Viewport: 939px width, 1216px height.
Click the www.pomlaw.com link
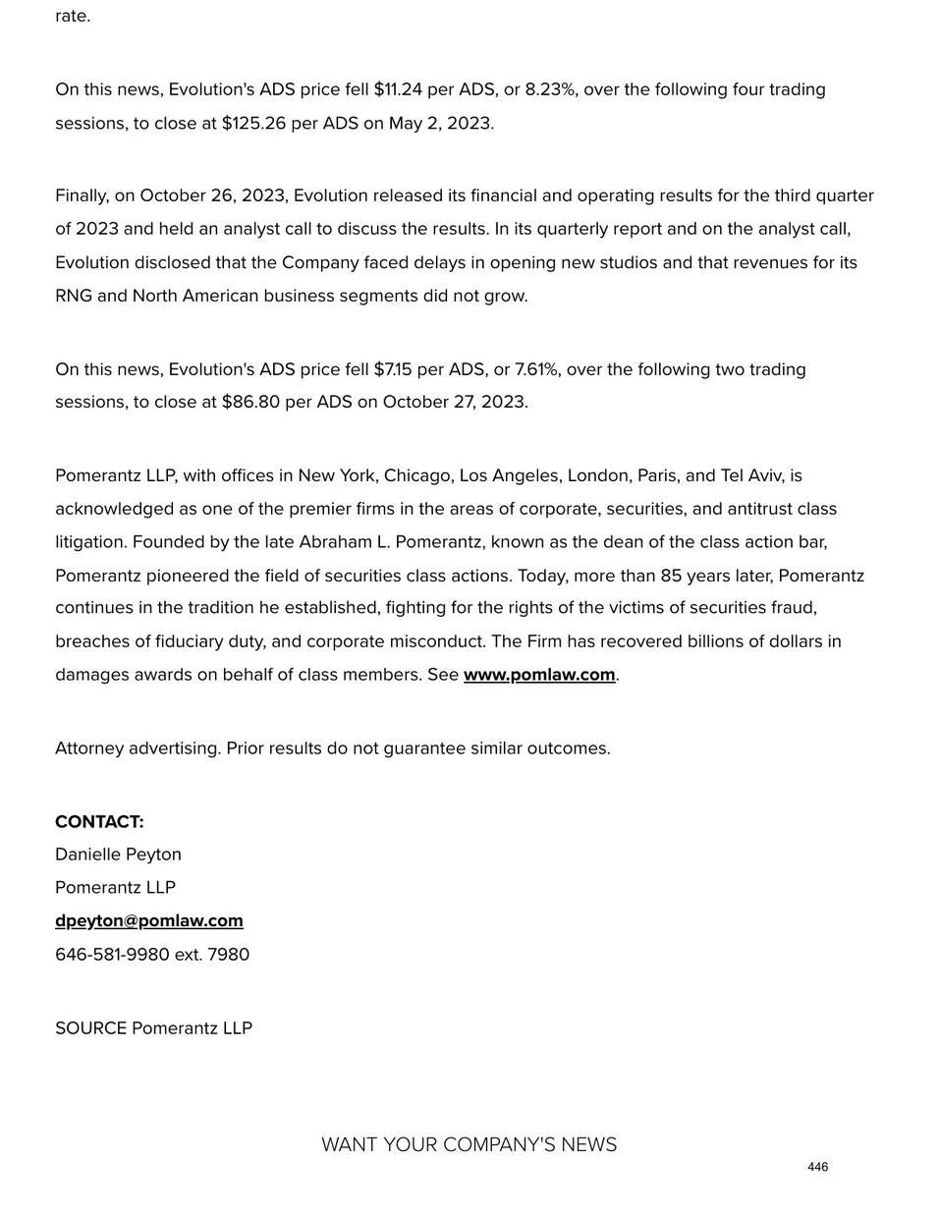[539, 675]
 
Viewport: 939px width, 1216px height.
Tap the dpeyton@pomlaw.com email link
[149, 921]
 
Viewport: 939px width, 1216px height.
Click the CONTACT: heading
[99, 822]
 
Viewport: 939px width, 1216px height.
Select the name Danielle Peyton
[118, 855]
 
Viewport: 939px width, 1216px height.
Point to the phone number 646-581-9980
[112, 955]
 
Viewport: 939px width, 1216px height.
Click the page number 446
[817, 1167]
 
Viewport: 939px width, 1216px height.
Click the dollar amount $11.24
[398, 90]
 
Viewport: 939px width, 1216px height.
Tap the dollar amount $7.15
[393, 370]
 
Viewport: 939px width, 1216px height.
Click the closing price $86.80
[250, 403]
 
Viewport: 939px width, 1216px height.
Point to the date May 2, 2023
[441, 124]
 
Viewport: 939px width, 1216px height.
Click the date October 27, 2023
[455, 403]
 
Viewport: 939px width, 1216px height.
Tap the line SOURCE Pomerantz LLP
[153, 1028]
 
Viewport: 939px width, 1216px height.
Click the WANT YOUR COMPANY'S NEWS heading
[469, 1145]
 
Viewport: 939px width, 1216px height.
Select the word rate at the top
[72, 17]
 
